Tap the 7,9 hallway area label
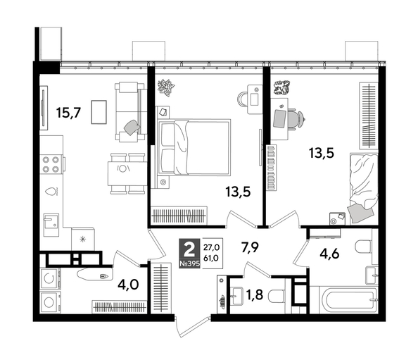(251, 248)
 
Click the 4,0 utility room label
(127, 285)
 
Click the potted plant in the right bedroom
(283, 88)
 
